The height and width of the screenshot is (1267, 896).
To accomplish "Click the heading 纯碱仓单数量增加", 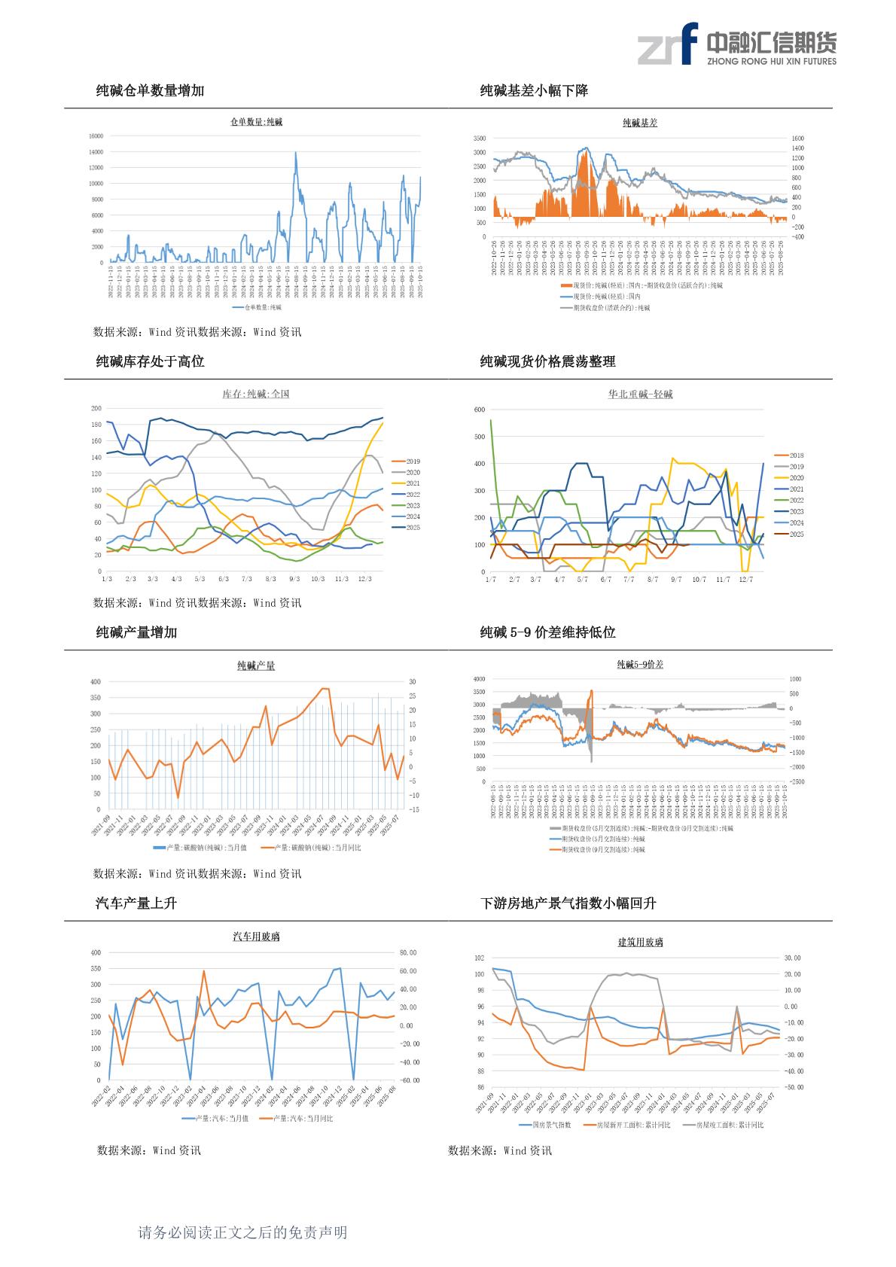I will [150, 91].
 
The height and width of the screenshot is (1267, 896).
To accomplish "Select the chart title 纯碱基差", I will [640, 123].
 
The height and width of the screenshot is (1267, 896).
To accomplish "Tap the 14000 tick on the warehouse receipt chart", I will [96, 152].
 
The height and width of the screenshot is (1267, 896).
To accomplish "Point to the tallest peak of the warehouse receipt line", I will [295, 154].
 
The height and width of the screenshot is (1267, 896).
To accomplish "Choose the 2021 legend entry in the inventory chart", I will [413, 483].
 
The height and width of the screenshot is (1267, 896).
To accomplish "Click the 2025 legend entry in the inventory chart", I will [413, 528].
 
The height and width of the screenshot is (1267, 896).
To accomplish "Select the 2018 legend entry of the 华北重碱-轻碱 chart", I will [796, 455].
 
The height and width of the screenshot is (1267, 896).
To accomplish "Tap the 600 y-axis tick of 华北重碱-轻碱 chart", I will [480, 410].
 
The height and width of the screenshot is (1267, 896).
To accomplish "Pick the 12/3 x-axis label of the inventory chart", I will [365, 579].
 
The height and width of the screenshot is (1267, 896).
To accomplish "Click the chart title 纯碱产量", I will [256, 665].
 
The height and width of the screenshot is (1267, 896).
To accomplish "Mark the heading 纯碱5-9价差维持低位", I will [547, 632].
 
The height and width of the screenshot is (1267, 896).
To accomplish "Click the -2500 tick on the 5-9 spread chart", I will [797, 781].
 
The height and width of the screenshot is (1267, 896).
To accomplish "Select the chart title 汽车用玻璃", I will [256, 937].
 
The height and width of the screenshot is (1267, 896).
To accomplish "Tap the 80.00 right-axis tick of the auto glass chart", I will [408, 953].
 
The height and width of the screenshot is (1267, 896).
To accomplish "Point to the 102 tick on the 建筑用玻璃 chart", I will [480, 958].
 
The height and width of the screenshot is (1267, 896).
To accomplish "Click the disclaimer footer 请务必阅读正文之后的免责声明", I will [242, 1232].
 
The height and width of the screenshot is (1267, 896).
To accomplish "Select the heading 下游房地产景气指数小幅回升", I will [568, 903].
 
